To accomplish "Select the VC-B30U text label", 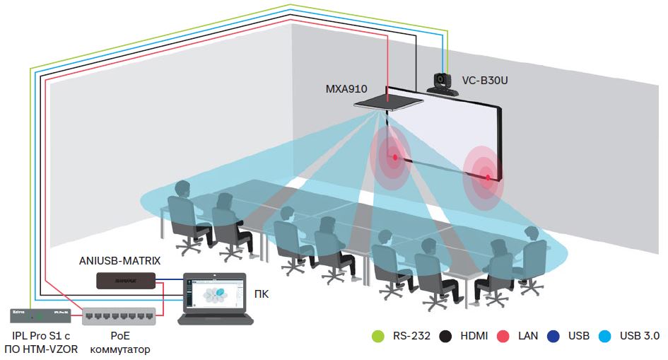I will [x=485, y=81].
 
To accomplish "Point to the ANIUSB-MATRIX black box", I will [x=126, y=281].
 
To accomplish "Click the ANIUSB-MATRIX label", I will [x=119, y=261].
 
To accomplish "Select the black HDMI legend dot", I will [x=445, y=336].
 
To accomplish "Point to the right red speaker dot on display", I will [x=486, y=177].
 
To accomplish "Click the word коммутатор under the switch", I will [x=121, y=349].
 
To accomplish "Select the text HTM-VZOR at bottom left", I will [x=54, y=349].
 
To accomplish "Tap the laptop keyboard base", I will [x=211, y=319].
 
